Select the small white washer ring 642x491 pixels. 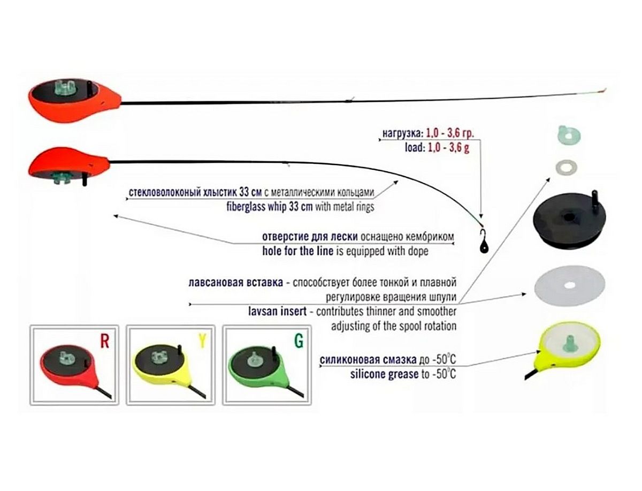pos(565,165)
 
